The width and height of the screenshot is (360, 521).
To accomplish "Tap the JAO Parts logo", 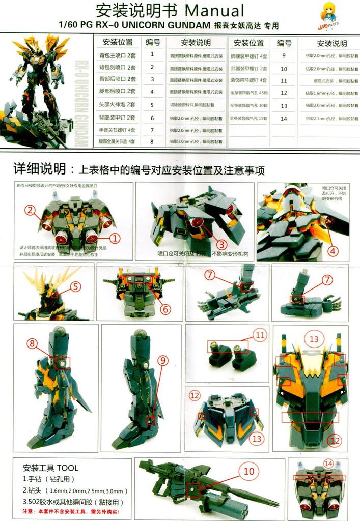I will tap(328, 14).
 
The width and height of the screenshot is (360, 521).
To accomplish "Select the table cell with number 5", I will tap(152, 105).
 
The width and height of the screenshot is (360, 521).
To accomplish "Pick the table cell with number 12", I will tap(284, 93).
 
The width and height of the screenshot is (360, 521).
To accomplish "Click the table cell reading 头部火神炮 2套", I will tap(117, 105).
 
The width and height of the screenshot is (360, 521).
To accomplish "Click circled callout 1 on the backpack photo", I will tap(115, 237).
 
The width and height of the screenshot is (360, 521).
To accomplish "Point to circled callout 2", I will tap(30, 210).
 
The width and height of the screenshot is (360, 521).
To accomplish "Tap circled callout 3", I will tap(221, 244).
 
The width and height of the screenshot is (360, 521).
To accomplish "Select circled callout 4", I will tap(333, 250).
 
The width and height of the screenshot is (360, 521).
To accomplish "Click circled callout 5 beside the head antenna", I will tap(75, 286).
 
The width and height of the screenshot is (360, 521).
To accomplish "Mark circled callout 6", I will tap(164, 308).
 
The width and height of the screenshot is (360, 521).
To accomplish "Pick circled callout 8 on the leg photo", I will tap(32, 343).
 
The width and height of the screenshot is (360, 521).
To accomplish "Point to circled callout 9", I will tap(162, 360).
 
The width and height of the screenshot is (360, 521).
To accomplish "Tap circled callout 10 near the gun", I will tap(248, 471).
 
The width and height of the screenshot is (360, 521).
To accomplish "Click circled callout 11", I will tap(260, 335).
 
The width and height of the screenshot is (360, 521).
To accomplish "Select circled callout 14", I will tap(328, 464).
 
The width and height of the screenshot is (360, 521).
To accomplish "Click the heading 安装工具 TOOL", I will tap(50, 468).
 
